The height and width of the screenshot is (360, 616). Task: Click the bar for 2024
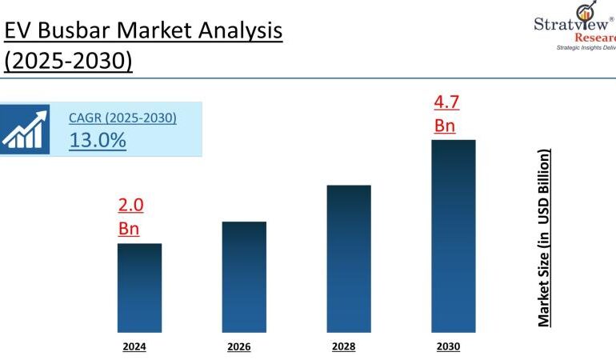(x=139, y=287)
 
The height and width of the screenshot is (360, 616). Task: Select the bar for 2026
(x=244, y=276)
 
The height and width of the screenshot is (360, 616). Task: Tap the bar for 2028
(x=349, y=258)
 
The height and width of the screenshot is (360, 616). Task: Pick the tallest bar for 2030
(x=453, y=235)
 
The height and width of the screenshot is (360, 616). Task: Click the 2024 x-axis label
(x=134, y=346)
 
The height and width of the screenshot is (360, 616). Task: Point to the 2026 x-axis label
(x=238, y=346)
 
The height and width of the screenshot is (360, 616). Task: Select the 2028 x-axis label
(x=343, y=346)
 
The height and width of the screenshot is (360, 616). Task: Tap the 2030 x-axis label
(x=448, y=346)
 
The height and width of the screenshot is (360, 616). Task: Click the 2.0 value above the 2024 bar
(x=130, y=206)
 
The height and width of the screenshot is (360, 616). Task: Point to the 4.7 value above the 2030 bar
(x=446, y=102)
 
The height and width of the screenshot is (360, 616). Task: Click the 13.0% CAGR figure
(x=98, y=141)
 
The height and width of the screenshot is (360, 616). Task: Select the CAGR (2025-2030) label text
(x=122, y=118)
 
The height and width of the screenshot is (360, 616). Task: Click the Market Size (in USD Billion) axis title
(x=544, y=238)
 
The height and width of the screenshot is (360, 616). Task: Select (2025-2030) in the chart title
(x=67, y=61)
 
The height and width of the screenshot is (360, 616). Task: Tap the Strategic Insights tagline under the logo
(x=586, y=47)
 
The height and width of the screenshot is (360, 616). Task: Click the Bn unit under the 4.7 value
(x=445, y=126)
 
